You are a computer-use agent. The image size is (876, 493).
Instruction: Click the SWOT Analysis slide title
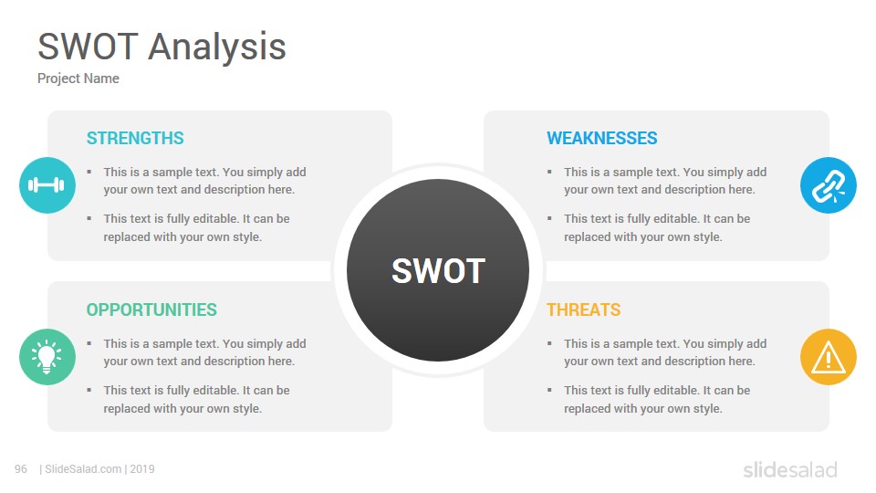(162, 47)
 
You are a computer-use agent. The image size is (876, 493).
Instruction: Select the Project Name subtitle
(78, 79)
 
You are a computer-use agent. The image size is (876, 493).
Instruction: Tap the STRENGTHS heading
(135, 138)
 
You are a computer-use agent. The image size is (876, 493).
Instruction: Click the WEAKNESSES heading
(601, 138)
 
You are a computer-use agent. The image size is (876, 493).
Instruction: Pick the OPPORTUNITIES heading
(151, 309)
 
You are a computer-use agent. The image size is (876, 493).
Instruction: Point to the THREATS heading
(584, 309)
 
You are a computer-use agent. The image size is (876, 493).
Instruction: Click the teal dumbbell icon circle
(47, 185)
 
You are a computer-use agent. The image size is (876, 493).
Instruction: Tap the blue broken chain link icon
(829, 185)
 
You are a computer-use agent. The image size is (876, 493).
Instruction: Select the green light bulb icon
(47, 357)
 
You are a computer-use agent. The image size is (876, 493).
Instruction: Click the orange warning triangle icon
(829, 357)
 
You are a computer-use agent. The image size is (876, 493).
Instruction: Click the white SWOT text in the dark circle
(439, 271)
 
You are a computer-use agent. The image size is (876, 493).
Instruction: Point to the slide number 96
(21, 469)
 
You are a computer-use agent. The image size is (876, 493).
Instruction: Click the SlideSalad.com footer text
(83, 469)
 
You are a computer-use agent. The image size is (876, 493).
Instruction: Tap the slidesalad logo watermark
(790, 469)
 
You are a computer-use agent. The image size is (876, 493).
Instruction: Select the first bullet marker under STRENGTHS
(89, 173)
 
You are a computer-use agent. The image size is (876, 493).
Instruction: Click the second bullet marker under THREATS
(549, 390)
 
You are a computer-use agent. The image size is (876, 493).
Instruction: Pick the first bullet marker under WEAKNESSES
(549, 173)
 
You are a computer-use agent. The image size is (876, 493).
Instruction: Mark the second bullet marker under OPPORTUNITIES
(89, 390)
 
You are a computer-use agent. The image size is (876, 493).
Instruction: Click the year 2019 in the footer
(142, 469)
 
